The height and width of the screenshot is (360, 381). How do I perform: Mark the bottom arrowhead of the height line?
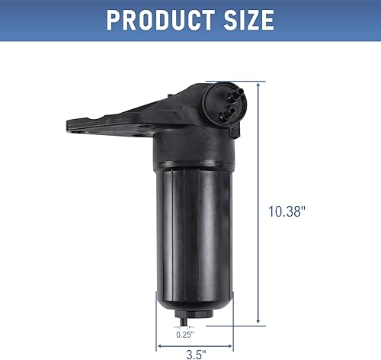[261, 321]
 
